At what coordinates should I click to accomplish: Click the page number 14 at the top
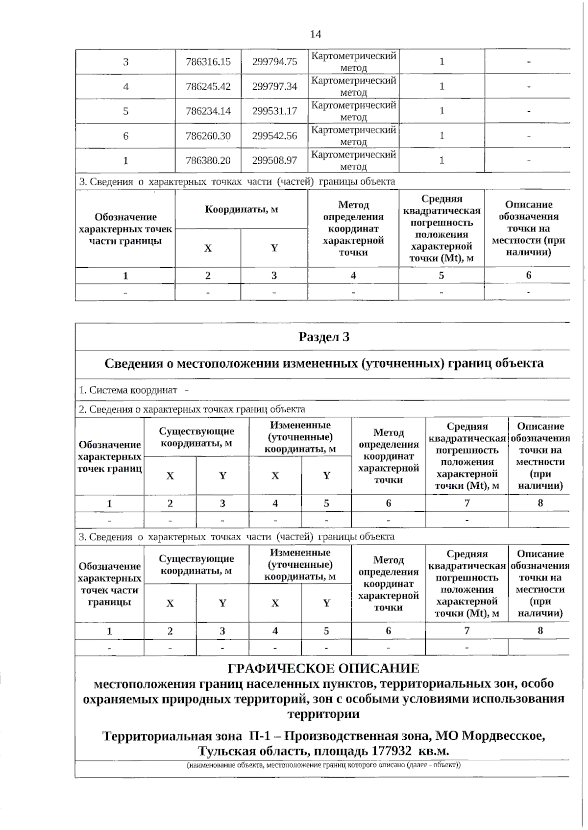click(x=316, y=34)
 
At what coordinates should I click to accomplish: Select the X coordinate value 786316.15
click(x=208, y=62)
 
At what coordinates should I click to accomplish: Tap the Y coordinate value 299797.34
click(x=274, y=86)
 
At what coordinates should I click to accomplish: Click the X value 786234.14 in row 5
click(x=208, y=111)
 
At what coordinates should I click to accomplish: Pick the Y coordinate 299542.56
click(x=274, y=136)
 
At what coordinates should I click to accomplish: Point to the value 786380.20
click(x=208, y=160)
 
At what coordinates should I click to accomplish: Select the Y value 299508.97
click(x=274, y=160)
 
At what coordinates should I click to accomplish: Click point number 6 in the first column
click(x=125, y=136)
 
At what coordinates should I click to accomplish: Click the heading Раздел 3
click(x=323, y=337)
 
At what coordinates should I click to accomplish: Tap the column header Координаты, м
click(x=241, y=209)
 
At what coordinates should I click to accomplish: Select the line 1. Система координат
click(x=128, y=390)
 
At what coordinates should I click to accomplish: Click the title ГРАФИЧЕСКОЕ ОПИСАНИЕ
click(x=323, y=668)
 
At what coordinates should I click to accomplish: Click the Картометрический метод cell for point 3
click(x=353, y=62)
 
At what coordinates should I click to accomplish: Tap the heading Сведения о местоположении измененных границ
click(x=323, y=363)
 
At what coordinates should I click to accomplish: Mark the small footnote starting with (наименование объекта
click(x=323, y=765)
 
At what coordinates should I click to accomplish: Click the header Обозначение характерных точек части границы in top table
click(x=125, y=229)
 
